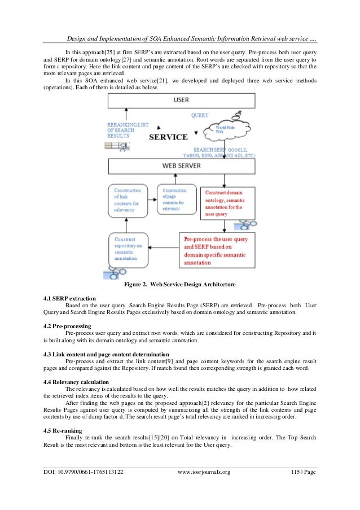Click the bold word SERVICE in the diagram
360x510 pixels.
[168, 137]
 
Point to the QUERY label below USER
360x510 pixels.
[200, 115]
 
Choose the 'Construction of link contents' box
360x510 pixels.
[129, 199]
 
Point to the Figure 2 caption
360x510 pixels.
[179, 284]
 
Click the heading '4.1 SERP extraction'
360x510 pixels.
[69, 298]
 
